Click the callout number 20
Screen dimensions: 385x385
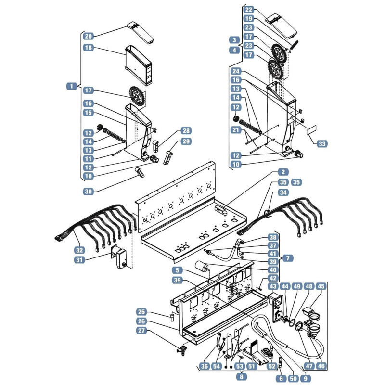pos(89,36)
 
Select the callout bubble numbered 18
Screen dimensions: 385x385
pos(89,47)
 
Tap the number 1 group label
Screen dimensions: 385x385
pos(71,86)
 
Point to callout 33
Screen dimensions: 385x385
pos(322,143)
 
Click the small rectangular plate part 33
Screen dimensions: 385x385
pos(311,130)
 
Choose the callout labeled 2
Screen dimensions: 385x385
pos(283,172)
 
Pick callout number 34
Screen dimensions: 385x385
pos(283,192)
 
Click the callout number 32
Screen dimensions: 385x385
pos(79,250)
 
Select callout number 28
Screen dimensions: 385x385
pos(186,130)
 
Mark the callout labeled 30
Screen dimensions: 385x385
pos(89,191)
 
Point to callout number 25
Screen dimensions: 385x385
pos(141,312)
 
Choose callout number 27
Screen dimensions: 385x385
pos(141,330)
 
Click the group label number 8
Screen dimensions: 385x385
pos(242,377)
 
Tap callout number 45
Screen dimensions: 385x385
pos(321,286)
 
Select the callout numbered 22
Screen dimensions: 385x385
pos(249,10)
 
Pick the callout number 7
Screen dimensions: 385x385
pos(288,258)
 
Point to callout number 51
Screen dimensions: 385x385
pos(251,366)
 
